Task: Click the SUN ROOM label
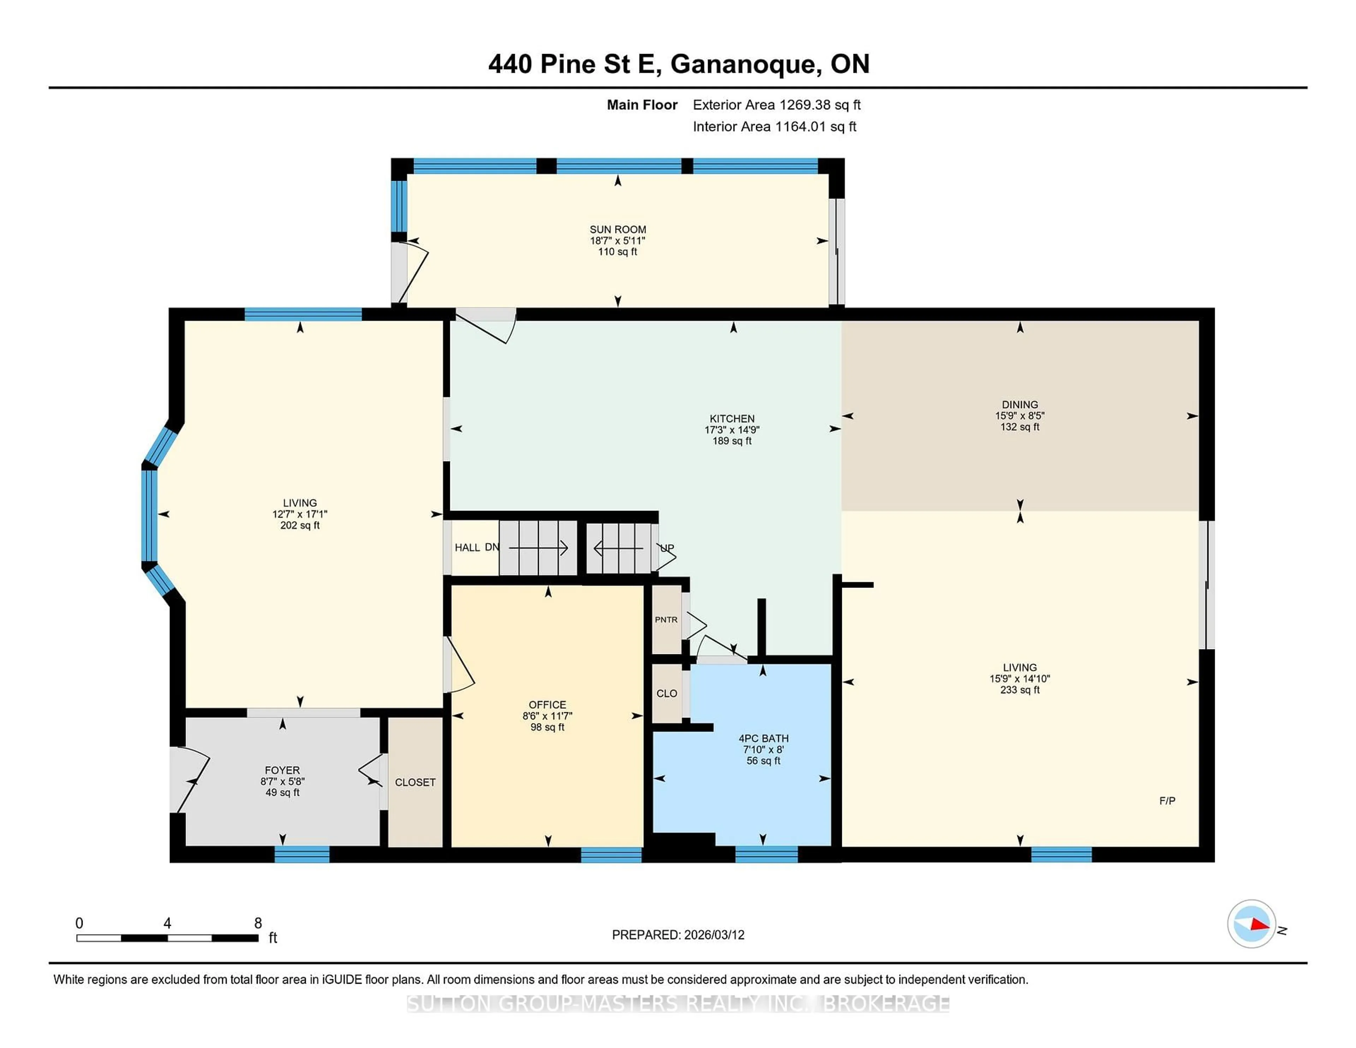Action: coord(617,229)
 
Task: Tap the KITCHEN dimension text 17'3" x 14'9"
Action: coord(732,430)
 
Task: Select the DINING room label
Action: coord(1019,404)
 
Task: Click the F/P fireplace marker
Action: coord(1167,801)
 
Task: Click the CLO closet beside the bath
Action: coord(667,693)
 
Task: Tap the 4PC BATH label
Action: coord(763,738)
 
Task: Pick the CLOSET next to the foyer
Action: coord(415,782)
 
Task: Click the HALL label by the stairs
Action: coord(467,548)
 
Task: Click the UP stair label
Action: coord(667,548)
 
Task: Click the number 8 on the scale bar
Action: coord(258,923)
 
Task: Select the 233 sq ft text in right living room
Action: coord(1019,690)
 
